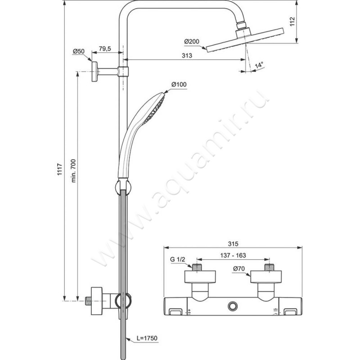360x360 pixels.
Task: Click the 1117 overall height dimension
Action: click(60, 169)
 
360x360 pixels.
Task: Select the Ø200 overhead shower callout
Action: click(192, 41)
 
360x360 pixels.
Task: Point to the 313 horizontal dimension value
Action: click(187, 55)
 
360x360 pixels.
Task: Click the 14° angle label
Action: click(259, 65)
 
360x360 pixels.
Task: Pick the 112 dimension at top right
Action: click(292, 22)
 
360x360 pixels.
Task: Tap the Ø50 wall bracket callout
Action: click(79, 51)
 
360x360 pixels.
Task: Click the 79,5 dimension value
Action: click(105, 49)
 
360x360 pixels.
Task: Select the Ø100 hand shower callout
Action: click(179, 85)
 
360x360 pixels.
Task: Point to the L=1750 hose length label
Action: click(147, 338)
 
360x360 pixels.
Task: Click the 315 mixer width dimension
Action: click(233, 244)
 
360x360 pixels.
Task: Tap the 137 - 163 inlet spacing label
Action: click(233, 255)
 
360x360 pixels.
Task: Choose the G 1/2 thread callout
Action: click(177, 260)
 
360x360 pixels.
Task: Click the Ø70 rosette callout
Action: click(239, 268)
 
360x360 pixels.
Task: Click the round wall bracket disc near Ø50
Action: click(94, 72)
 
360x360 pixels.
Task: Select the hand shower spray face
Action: click(154, 109)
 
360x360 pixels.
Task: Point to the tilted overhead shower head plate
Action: click(245, 40)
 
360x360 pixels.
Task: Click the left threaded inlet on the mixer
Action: click(198, 267)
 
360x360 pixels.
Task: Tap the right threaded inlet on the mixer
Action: click(269, 267)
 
